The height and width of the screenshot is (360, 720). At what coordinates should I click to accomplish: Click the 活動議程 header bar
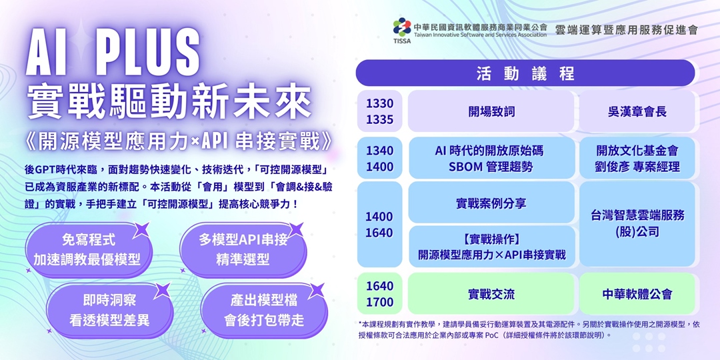coord(525,73)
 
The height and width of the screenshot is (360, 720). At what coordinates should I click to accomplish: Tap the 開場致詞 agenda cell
coord(491,111)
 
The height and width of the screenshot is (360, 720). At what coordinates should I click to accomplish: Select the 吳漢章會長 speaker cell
coord(637,111)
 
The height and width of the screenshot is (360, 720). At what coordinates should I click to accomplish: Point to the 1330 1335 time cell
coord(379,111)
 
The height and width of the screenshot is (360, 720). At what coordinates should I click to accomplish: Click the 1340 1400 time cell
coord(379,158)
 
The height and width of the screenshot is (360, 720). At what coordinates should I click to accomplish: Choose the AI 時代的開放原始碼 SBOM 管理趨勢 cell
coord(491,158)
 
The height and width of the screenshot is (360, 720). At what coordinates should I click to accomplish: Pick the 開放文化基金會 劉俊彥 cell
coord(637,158)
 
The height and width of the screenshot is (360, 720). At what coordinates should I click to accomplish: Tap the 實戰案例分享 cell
coord(491,203)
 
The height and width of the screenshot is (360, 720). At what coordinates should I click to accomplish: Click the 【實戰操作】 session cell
coord(491,246)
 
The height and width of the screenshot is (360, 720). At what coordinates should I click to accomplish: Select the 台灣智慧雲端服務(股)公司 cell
coord(637,223)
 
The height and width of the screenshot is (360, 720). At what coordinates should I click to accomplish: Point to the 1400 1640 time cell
coord(379,224)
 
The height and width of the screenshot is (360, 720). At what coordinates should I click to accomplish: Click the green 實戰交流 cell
coord(491,294)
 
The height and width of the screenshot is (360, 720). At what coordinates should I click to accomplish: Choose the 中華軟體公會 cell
coord(637,294)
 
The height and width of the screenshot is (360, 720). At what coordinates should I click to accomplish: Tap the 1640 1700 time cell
coord(379,294)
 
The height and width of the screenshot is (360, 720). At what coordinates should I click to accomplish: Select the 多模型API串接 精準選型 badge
coord(243,249)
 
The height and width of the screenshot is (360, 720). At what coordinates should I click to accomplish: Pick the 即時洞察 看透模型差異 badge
coord(109,311)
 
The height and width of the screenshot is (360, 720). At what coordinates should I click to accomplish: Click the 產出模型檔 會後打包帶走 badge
coord(263,311)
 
